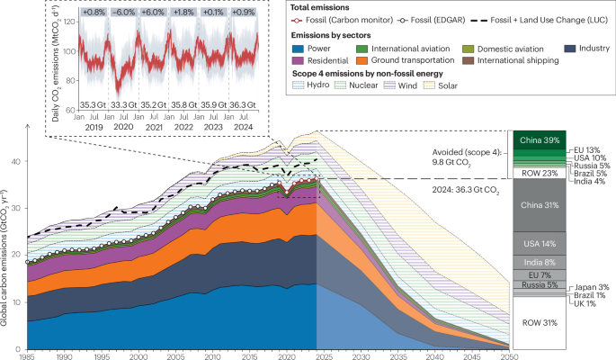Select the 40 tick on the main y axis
click(x=18, y=161)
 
